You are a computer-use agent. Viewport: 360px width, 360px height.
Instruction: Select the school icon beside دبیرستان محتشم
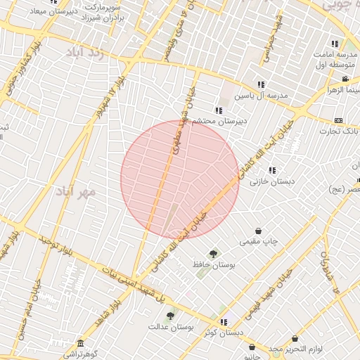pos(219,110)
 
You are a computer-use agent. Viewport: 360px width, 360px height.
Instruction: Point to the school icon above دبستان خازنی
pos(272,170)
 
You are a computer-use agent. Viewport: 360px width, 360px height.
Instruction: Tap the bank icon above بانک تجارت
pos(339,120)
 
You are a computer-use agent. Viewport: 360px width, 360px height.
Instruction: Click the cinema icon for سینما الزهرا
pos(345,79)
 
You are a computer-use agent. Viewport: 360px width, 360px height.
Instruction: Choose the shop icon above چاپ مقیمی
pos(259,231)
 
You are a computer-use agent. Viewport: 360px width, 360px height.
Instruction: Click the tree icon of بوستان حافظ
pos(212,254)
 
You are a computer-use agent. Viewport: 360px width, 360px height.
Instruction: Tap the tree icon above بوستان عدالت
pos(170,316)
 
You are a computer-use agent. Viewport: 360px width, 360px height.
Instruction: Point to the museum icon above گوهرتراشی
pos(81,343)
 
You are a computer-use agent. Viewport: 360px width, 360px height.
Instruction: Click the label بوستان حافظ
pos(212,265)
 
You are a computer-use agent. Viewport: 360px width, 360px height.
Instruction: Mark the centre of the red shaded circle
pos(180,179)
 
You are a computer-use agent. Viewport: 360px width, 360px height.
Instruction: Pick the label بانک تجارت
pos(339,131)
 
